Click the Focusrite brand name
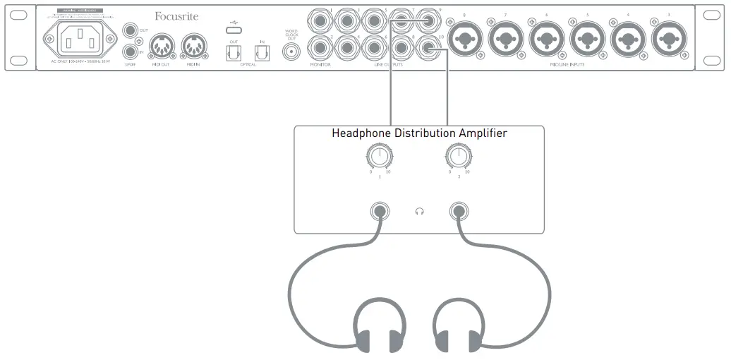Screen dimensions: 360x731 point(176,15)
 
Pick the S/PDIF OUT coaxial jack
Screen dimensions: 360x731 point(130,30)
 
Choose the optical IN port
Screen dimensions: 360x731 point(262,52)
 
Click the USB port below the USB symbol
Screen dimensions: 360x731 point(233,29)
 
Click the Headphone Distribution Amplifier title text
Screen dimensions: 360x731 point(419,133)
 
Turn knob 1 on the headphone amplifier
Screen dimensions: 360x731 point(380,157)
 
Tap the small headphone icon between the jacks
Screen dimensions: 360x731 point(420,211)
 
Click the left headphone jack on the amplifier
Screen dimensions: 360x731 point(380,211)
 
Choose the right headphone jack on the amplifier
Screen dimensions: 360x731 point(460,211)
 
